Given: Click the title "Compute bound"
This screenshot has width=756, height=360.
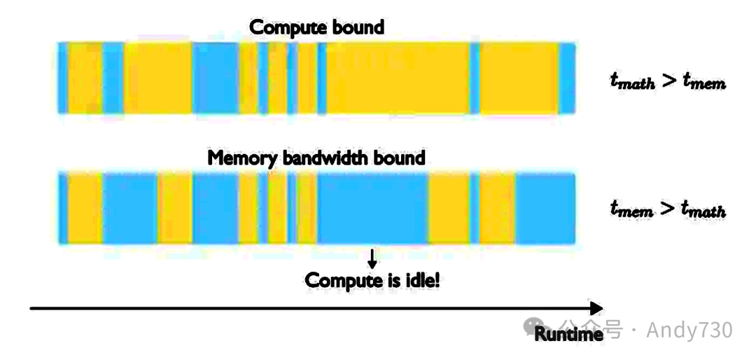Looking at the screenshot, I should coord(317,28).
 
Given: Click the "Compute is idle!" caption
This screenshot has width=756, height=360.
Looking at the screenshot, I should coord(372,281).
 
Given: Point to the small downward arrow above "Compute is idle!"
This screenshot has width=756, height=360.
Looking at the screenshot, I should coord(372,258).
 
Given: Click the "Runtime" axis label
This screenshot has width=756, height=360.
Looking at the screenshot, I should coord(568,334).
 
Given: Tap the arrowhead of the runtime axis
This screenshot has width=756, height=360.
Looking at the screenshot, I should coord(596,308).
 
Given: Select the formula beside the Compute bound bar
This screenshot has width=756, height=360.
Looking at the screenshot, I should coord(667,82).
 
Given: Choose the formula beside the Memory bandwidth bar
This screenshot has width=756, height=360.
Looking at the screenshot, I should coord(667,209).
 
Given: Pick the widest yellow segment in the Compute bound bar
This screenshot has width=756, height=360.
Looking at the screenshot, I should coord(398,78).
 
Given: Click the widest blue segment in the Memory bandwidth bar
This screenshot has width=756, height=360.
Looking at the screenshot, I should coord(372,208).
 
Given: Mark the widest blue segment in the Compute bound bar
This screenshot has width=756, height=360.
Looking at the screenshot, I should coord(215,78).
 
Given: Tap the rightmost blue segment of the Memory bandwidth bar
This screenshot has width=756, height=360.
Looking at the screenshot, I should coord(545,208).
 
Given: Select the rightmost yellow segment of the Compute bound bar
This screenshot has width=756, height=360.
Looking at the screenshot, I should coord(519,78).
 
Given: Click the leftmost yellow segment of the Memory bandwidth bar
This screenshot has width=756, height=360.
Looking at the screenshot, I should coord(85,208).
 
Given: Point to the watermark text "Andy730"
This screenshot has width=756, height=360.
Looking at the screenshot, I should coord(689,329).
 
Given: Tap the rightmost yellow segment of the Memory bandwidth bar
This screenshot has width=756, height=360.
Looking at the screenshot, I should coord(498,208).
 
